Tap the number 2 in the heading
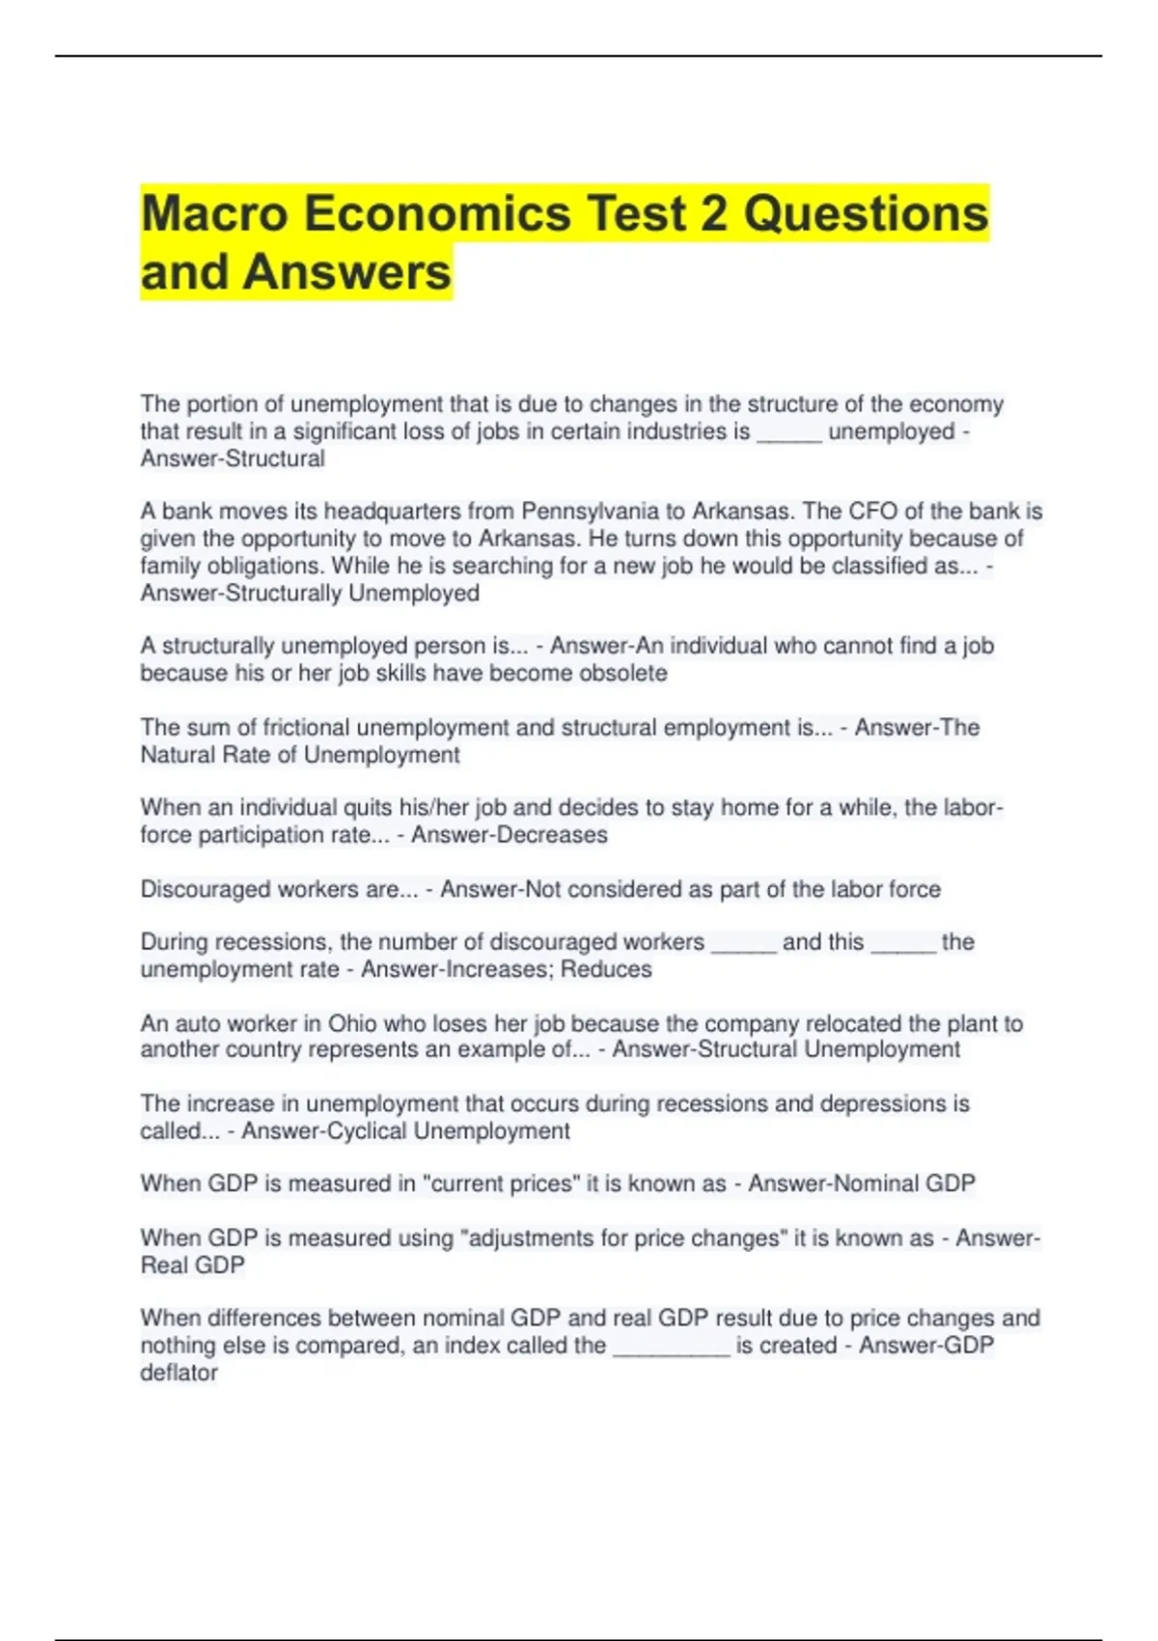coord(714,213)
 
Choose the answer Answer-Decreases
coord(510,835)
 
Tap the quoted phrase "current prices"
coord(502,1183)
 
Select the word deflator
coord(179,1373)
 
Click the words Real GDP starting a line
coord(193,1265)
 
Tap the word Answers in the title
coord(347,272)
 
